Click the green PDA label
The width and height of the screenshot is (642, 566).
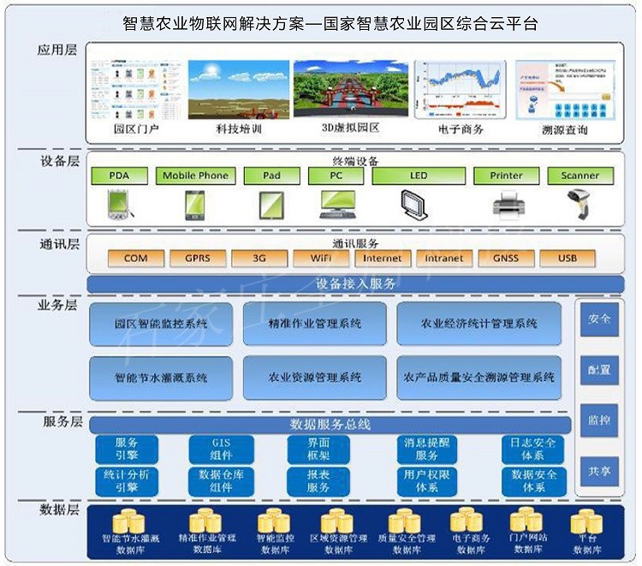tap(119, 176)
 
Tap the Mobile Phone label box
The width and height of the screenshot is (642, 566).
tap(195, 176)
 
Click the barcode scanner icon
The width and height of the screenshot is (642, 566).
tap(580, 204)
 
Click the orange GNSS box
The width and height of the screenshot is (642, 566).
tap(505, 258)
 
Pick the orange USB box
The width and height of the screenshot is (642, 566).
tap(567, 258)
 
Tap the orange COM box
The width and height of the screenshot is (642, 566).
tap(135, 258)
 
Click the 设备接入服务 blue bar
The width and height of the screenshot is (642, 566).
tap(356, 283)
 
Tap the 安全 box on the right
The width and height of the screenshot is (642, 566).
tap(599, 319)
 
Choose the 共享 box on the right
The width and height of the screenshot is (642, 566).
tap(599, 471)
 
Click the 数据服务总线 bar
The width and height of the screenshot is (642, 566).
tap(330, 425)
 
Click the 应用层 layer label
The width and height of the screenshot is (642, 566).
tap(57, 50)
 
